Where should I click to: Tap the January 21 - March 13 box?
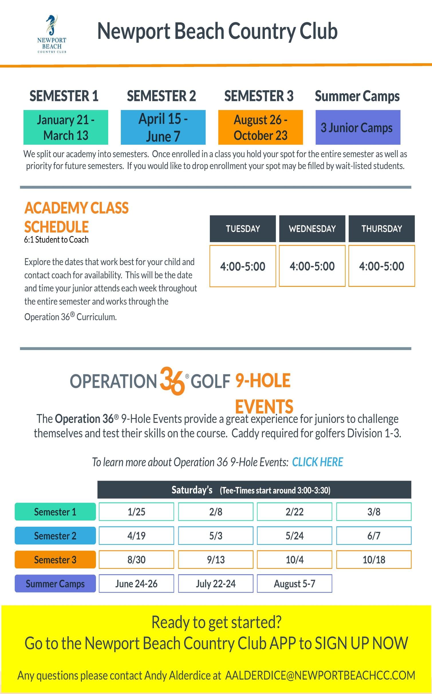(66, 127)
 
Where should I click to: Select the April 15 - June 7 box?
(163, 127)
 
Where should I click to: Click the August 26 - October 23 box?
(260, 127)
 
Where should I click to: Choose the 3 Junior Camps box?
(358, 127)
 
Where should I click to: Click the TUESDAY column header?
(242, 228)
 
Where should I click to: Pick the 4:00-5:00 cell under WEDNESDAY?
(312, 266)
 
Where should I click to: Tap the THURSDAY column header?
(381, 228)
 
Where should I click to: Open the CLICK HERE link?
(317, 462)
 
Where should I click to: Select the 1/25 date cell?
(136, 512)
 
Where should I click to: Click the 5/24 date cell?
(294, 536)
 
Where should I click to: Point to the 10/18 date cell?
(374, 560)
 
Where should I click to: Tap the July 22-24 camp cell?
(216, 584)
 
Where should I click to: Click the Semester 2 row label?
(55, 536)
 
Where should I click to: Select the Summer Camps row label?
(55, 584)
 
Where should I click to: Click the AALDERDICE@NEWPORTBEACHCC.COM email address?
(320, 675)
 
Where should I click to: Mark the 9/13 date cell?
(216, 560)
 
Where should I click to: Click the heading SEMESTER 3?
(259, 96)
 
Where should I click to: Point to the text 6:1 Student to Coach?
(56, 240)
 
